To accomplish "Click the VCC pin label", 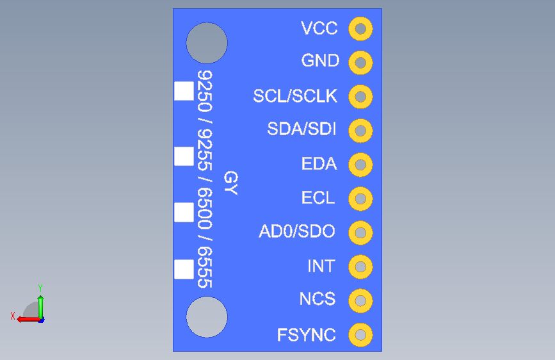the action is click(x=319, y=28).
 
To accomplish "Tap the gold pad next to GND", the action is click(x=360, y=63).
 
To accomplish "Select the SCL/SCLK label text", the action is click(x=295, y=96).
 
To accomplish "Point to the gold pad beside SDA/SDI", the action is click(x=360, y=131).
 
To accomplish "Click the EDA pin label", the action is click(x=319, y=164).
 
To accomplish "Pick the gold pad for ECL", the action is click(x=360, y=199).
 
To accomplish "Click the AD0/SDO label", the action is click(x=296, y=231).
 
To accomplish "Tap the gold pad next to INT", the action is click(x=360, y=267).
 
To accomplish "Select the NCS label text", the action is click(x=318, y=299).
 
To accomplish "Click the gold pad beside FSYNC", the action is click(x=360, y=335).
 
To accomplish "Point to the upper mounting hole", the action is click(x=207, y=43).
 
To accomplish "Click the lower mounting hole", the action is click(x=207, y=317).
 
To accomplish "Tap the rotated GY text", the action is click(x=231, y=183).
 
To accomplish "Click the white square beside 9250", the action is click(x=184, y=91).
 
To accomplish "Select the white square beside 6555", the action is click(x=184, y=269).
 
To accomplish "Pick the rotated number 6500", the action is click(x=205, y=208).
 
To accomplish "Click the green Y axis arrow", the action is click(x=41, y=307).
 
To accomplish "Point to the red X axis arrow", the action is click(x=29, y=320).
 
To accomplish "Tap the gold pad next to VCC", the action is click(x=360, y=29).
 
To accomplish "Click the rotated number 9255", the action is click(x=205, y=150).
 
